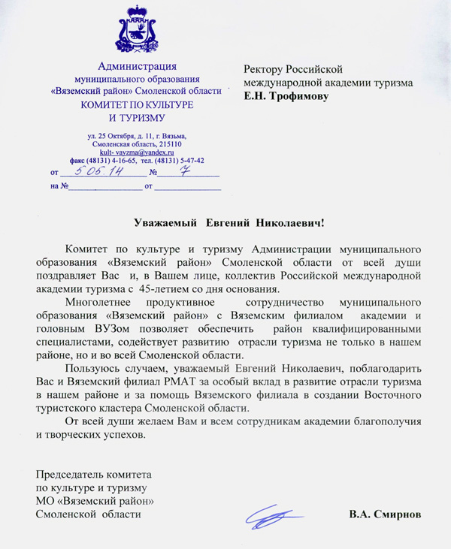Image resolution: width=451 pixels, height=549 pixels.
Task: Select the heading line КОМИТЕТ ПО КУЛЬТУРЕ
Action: coord(137,104)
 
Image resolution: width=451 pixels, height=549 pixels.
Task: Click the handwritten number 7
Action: coord(183,170)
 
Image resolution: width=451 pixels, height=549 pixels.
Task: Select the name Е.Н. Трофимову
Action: coord(286,96)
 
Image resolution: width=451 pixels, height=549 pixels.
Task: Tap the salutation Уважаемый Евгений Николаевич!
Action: coord(229,222)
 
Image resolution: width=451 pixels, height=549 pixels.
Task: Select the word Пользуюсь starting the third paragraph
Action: coord(92,369)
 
